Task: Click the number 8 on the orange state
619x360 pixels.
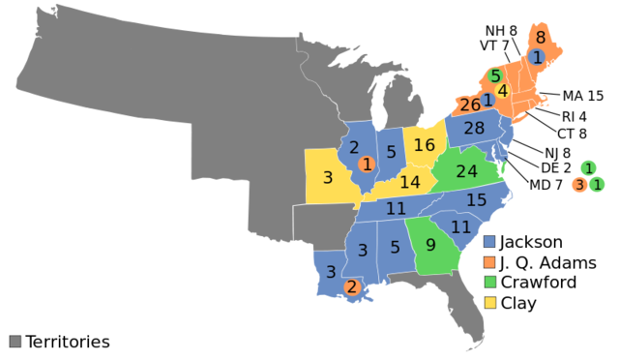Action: click(541, 38)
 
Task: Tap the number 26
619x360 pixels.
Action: click(470, 105)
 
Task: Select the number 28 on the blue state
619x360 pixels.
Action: click(474, 128)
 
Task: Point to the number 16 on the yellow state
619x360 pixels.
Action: click(425, 145)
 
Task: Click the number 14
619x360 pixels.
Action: click(410, 182)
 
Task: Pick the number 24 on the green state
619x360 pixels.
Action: click(466, 171)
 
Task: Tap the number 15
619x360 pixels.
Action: click(476, 200)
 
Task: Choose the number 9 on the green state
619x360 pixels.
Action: click(430, 246)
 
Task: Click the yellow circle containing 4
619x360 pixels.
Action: click(502, 91)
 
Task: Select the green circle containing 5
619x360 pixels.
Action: click(495, 75)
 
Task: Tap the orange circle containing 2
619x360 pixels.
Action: click(351, 286)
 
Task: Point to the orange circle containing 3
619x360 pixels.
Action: click(579, 185)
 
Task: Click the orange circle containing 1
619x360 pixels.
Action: click(367, 165)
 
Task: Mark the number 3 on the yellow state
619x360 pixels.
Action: click(328, 178)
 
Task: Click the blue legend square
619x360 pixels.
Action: click(489, 242)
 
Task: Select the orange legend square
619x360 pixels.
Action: click(489, 262)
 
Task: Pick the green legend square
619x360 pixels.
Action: click(489, 282)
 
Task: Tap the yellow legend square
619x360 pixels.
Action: click(489, 302)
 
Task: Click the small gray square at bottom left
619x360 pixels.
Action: click(15, 341)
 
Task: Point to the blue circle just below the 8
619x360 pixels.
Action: click(538, 57)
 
